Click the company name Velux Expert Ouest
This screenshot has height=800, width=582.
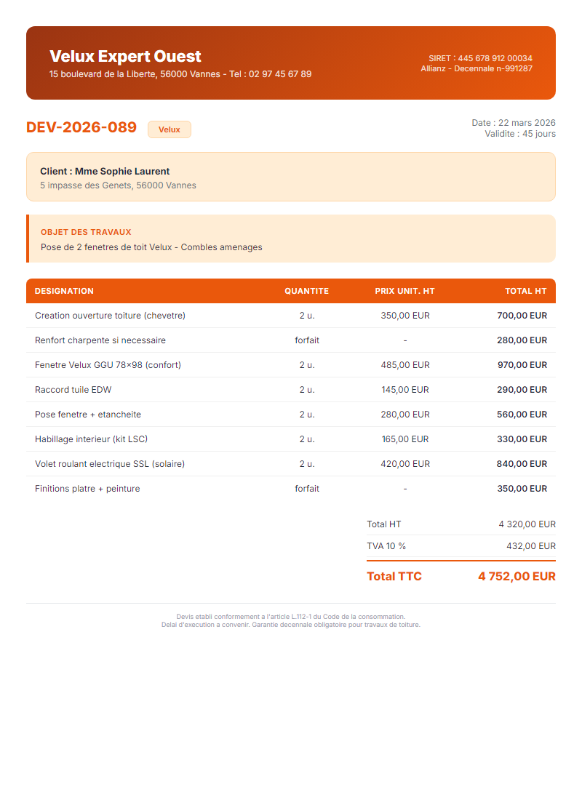click(x=125, y=57)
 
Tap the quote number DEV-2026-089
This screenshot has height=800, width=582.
click(x=81, y=127)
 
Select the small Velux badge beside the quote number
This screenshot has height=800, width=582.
click(x=170, y=129)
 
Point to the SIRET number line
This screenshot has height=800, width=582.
click(x=480, y=58)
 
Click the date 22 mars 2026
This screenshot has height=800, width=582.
click(x=527, y=123)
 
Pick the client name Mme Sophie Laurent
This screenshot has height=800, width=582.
click(x=105, y=172)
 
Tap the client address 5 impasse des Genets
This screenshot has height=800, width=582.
click(x=118, y=185)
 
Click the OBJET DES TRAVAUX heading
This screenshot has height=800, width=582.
click(x=86, y=232)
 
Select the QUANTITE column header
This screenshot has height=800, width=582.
click(x=306, y=291)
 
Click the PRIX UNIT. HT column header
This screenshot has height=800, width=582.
click(x=404, y=291)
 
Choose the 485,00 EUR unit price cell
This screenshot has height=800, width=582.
click(x=405, y=365)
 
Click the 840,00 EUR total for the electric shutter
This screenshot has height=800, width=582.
click(x=522, y=464)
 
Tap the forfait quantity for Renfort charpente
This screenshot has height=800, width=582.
click(x=307, y=340)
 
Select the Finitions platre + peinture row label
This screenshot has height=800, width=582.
click(x=87, y=489)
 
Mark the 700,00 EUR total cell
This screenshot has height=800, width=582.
click(x=522, y=316)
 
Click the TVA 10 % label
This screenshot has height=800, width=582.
click(x=386, y=546)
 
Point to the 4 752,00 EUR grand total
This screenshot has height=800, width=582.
click(x=517, y=577)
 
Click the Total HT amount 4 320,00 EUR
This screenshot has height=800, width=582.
click(x=527, y=524)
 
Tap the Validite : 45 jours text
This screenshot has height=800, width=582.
click(x=520, y=134)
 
